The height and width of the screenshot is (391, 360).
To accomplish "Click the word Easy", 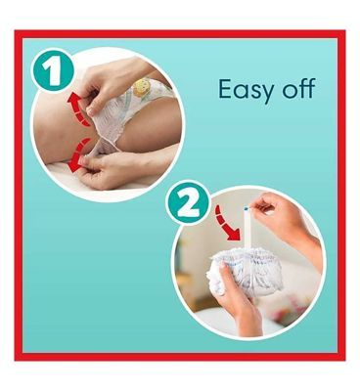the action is tap(246, 90).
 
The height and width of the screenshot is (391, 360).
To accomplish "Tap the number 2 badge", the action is tap(188, 204).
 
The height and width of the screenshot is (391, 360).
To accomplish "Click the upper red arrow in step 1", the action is tap(78, 108).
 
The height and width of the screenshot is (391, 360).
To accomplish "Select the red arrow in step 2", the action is tap(226, 225).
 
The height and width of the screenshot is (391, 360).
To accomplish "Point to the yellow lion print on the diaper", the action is tap(143, 87).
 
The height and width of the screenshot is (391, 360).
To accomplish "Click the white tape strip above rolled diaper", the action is tap(247, 228).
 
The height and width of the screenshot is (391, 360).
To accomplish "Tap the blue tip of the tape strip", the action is tap(247, 208).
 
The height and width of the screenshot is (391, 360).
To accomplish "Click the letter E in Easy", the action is tap(225, 89).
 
